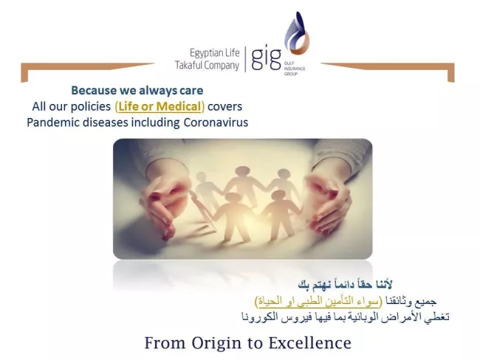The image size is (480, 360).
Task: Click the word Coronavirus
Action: click(216, 122)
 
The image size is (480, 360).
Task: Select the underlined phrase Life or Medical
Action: click(160, 106)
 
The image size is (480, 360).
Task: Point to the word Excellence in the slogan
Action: click(310, 343)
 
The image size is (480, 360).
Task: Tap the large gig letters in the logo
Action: click(266, 58)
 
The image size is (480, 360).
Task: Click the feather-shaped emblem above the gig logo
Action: click(297, 33)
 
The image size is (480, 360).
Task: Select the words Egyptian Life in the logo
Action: click(215, 53)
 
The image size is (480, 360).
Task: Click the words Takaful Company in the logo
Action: click(207, 66)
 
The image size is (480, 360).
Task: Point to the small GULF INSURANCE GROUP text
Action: click(294, 68)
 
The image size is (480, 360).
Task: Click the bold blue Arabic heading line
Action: click(345, 285)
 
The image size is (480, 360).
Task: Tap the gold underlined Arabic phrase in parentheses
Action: click(319, 301)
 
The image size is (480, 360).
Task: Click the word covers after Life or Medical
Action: click(225, 106)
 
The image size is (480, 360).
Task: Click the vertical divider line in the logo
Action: click(245, 59)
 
